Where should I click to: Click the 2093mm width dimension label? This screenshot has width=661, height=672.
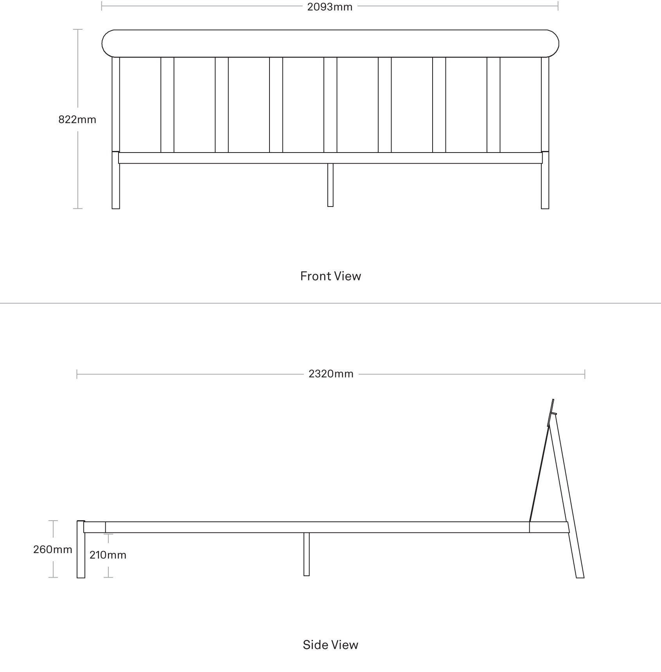coord(330,7)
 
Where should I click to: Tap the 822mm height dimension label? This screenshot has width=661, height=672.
coord(77,119)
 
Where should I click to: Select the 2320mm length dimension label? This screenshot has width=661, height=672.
coord(331,374)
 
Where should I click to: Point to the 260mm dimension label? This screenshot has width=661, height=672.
coord(52,550)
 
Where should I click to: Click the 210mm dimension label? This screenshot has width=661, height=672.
coord(108,555)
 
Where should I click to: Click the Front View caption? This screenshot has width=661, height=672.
coord(330,276)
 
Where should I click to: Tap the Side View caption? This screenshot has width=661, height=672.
coord(330,645)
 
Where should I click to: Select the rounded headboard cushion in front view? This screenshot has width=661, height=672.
coord(330,43)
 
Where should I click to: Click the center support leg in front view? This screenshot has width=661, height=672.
coord(330,185)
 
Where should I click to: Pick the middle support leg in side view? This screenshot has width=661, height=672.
coord(306,554)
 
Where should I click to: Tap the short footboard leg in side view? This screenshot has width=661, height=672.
coord(81,549)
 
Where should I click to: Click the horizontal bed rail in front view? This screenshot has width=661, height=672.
coord(330,158)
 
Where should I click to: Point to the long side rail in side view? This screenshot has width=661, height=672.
coord(317,527)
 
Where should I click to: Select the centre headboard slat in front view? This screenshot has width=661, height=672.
coord(330,105)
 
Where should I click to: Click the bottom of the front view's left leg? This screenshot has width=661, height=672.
coord(116,208)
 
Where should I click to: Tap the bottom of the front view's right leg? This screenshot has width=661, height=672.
coord(545,208)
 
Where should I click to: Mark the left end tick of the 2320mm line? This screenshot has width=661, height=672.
coord(77,374)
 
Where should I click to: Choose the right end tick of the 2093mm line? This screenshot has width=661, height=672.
coord(558,6)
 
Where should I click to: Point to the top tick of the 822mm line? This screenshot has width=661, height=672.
coord(78,29)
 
